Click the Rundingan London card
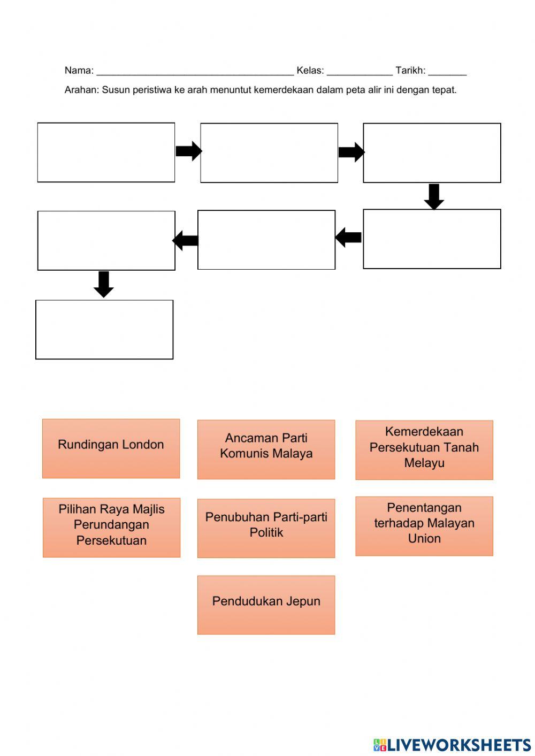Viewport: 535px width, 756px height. coord(111,448)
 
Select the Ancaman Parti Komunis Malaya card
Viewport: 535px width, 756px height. coord(266,449)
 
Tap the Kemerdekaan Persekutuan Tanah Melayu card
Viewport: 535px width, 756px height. coord(424,449)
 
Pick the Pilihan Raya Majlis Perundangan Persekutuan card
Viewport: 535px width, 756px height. coord(111,527)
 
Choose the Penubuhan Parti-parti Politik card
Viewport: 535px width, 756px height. coord(266,528)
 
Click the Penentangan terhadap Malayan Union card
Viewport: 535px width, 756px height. coord(424,526)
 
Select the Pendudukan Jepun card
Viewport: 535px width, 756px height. coord(266,605)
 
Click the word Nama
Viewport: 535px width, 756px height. coord(78,71)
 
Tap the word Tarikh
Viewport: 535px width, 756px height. coord(409,71)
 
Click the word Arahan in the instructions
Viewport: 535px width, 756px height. coord(81,90)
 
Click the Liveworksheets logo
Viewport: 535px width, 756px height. coord(452,744)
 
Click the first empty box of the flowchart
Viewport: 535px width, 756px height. coord(106,152)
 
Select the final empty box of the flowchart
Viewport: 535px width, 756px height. coord(104,330)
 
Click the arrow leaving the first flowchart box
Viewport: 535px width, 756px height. coord(188,151)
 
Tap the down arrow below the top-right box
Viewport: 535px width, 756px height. coord(434,196)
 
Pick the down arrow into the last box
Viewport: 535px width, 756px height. coord(103,284)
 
